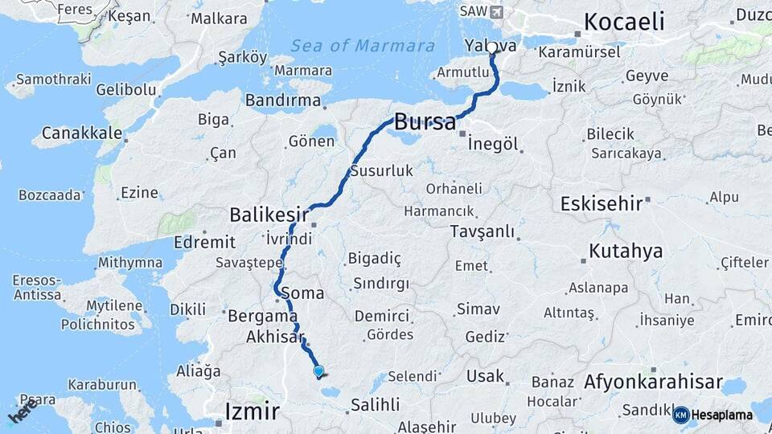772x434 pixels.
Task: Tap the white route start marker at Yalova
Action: [492, 47]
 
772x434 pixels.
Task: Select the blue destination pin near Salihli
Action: [318, 371]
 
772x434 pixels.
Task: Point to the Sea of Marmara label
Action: [363, 46]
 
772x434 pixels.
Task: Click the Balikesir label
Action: [269, 215]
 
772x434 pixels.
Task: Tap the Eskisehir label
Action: [602, 203]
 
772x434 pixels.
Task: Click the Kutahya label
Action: [626, 251]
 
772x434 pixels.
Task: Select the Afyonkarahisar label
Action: [653, 383]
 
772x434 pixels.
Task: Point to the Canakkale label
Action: [82, 133]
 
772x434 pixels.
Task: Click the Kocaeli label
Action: [624, 22]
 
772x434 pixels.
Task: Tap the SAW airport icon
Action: [495, 12]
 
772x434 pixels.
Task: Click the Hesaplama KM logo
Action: [712, 415]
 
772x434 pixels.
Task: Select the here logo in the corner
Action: [22, 409]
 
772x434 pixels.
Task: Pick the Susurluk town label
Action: [381, 170]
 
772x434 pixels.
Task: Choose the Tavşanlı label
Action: [482, 232]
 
